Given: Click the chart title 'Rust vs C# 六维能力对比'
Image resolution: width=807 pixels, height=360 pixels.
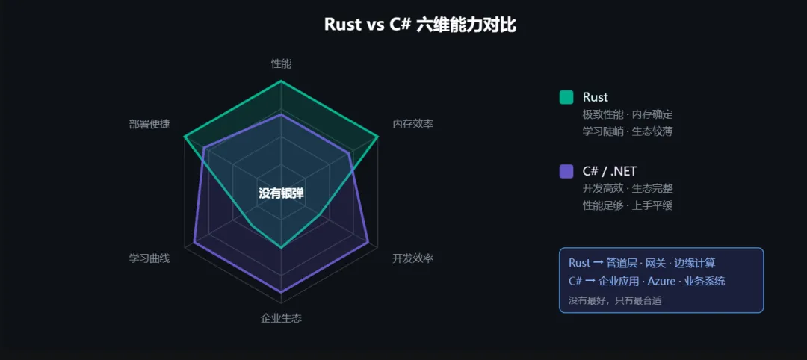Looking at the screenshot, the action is tap(420, 25).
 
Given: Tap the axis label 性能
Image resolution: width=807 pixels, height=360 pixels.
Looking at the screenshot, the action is tap(281, 63).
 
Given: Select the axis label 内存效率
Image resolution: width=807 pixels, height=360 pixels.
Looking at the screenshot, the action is tap(412, 124).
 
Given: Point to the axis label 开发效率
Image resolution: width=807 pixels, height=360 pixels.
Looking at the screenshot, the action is tap(412, 258).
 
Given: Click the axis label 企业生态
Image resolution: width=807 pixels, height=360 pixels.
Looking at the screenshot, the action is tap(281, 318).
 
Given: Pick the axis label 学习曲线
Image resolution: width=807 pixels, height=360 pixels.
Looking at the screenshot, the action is tap(149, 258).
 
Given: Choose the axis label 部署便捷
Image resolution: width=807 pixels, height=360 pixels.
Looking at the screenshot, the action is tap(149, 124).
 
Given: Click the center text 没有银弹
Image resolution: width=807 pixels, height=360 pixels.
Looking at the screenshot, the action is tap(281, 193).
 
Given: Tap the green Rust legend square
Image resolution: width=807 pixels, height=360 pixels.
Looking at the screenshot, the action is tap(566, 97).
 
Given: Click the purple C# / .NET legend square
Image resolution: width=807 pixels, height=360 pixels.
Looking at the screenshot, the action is tap(566, 171).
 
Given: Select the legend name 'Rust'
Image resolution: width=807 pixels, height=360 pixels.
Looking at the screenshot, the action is tap(595, 97).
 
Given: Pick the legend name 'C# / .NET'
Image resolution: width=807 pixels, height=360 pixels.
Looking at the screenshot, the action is tap(610, 171).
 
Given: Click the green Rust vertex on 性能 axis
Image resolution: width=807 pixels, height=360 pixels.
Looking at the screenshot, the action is tap(281, 81).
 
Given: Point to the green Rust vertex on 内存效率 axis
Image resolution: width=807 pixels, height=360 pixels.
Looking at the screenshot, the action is tap(378, 137).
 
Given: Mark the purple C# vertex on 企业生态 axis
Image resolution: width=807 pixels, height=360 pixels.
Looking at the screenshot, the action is tap(281, 292).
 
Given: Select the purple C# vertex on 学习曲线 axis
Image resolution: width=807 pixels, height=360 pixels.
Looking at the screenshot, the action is tap(194, 242).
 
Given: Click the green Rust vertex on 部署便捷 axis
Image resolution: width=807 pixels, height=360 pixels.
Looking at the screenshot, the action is tap(185, 137).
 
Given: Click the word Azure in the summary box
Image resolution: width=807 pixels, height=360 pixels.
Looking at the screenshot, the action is tap(661, 282).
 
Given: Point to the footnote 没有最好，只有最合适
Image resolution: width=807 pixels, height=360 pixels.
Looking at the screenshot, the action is tap(614, 300).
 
